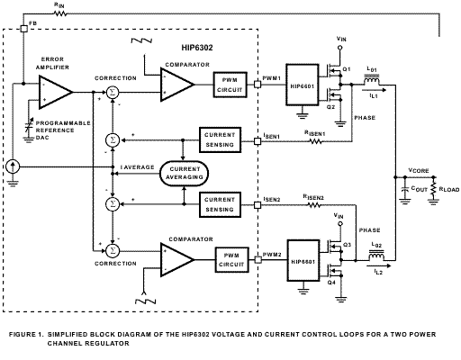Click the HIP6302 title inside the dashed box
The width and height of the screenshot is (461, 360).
pos(197,48)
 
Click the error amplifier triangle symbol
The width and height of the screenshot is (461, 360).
pos(56,92)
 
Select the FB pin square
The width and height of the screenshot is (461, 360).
pos(24,29)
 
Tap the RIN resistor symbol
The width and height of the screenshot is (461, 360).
pos(60,13)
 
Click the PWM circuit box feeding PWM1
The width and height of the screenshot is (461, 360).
pos(230,85)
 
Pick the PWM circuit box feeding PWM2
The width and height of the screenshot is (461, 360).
pos(231,260)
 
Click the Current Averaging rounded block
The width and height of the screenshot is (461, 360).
pos(185,174)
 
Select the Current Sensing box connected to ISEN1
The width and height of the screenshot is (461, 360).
pos(220,139)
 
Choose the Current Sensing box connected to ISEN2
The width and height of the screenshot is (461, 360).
pos(220,204)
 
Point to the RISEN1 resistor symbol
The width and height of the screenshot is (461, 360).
pos(316,141)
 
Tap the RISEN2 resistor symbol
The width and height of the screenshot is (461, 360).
pos(314,205)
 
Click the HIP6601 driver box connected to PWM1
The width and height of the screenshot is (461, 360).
pos(303,85)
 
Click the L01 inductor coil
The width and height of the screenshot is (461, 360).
pos(372,80)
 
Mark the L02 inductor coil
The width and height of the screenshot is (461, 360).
pos(376,256)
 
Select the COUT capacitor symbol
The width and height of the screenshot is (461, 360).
pos(405,189)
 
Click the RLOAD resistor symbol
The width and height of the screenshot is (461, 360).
pos(433,189)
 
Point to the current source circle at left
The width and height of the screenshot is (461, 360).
pos(13,166)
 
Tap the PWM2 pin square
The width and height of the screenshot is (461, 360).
pos(258,259)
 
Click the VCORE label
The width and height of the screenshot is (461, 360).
pos(419,170)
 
